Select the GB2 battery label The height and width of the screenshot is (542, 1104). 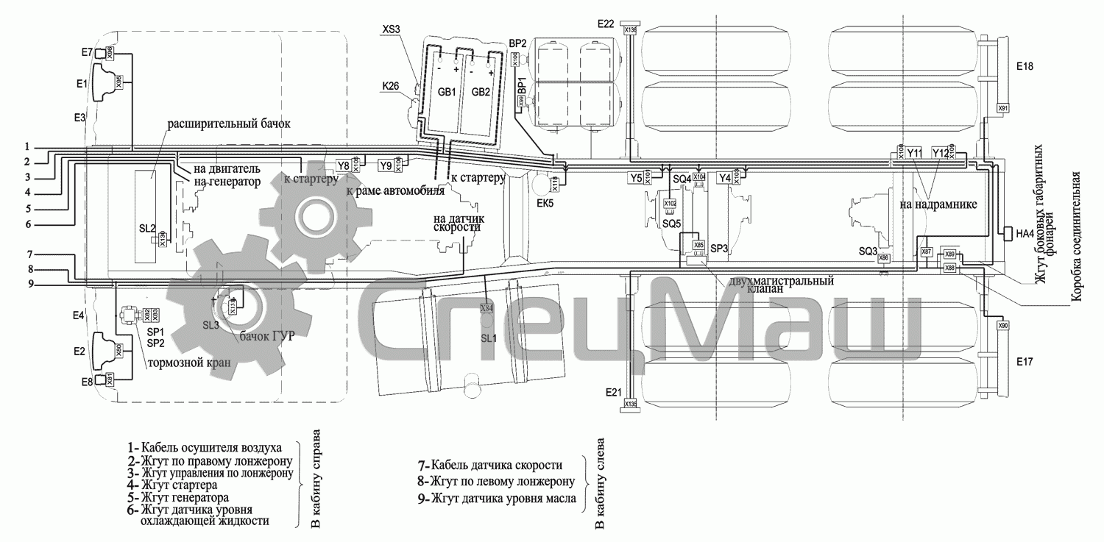(481, 92)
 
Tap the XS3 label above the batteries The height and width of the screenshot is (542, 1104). (392, 29)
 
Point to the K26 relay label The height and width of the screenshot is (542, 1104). (390, 87)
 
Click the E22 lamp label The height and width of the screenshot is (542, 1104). (605, 24)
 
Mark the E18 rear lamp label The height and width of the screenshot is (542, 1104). (1025, 66)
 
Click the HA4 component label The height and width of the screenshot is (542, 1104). (1025, 234)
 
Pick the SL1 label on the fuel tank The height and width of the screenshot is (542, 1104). (489, 338)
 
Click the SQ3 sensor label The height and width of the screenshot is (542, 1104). (868, 251)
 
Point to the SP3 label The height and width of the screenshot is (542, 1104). (718, 249)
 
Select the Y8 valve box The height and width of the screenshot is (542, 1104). (343, 165)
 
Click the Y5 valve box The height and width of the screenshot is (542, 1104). (635, 177)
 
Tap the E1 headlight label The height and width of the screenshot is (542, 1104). (81, 83)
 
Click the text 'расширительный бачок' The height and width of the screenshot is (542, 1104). (228, 124)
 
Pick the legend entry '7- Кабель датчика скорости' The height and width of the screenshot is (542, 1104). (489, 466)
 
